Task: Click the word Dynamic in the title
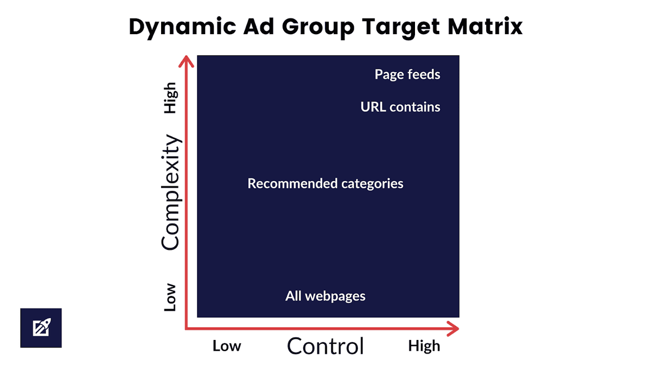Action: [182, 27]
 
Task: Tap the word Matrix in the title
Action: [485, 27]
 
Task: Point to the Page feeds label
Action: [407, 74]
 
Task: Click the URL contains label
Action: [400, 107]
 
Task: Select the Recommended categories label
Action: [325, 184]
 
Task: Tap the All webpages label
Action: [325, 296]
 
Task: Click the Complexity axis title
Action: [171, 192]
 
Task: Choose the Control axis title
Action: [325, 346]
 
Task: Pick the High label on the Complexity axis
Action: [170, 98]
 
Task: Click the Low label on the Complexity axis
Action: [170, 298]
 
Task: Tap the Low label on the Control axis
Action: [227, 346]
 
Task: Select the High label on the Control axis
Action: [424, 346]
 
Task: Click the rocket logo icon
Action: [41, 328]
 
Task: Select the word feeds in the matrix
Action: [424, 74]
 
